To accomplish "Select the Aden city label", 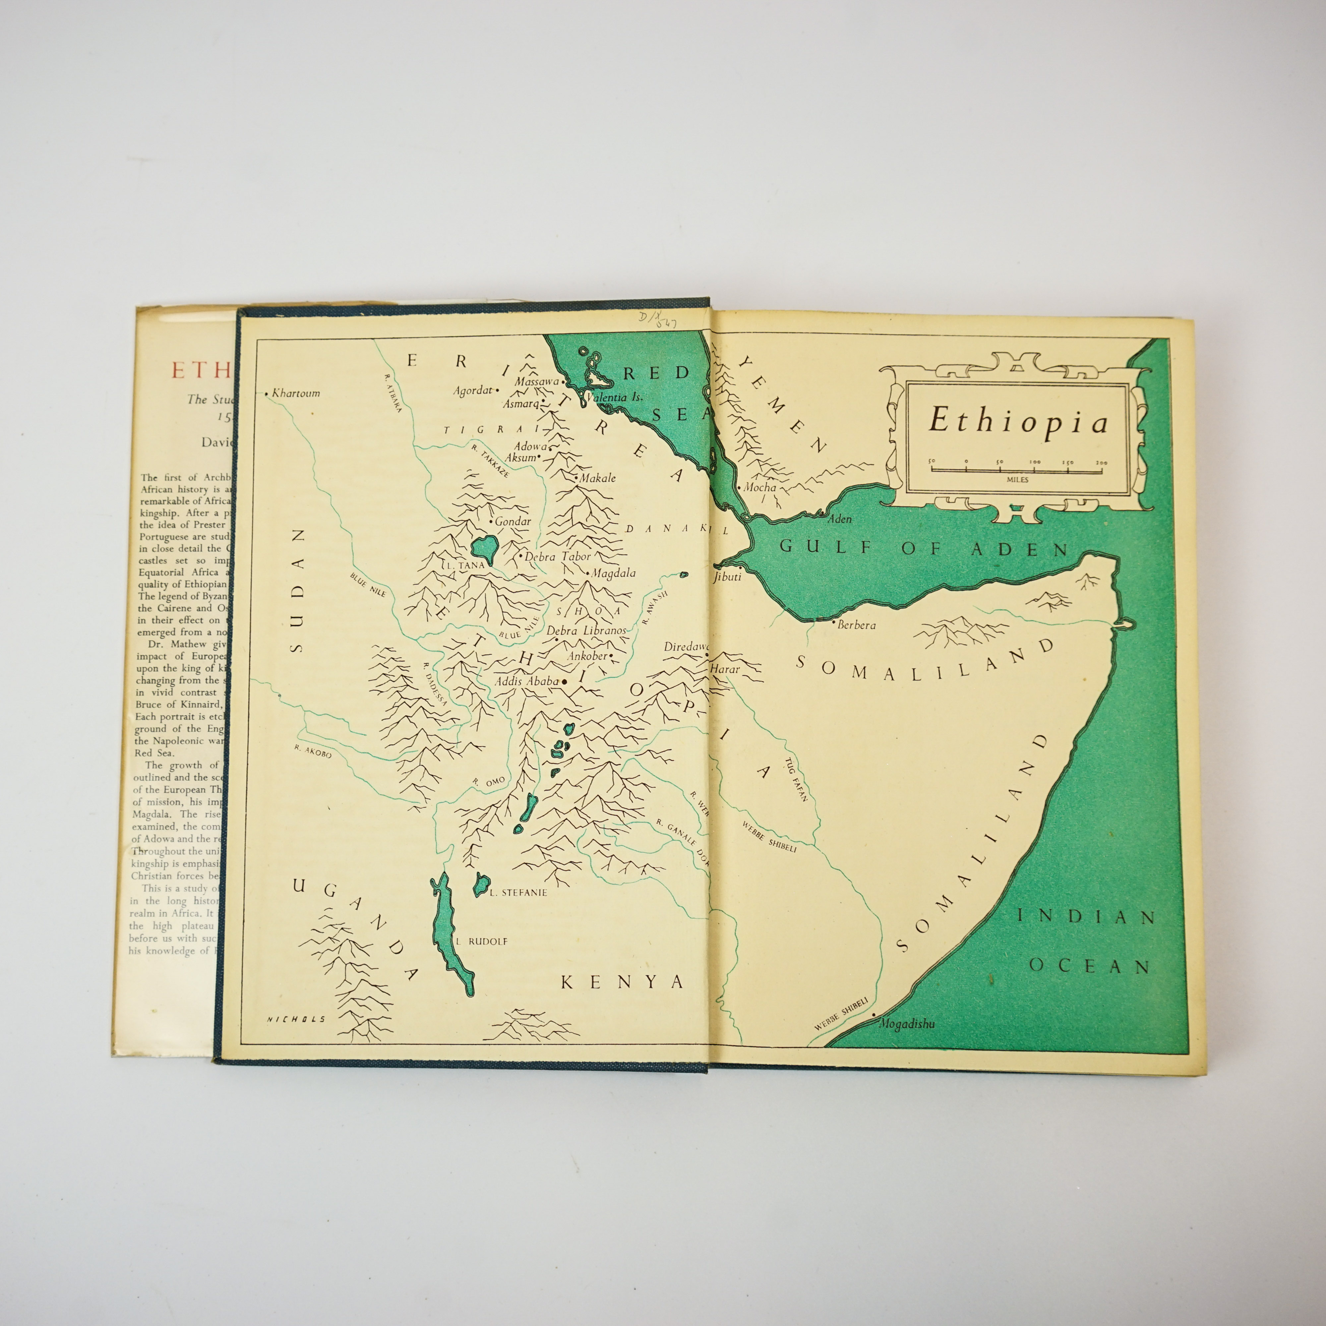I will click(840, 519).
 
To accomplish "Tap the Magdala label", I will click(614, 573).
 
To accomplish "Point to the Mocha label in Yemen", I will click(760, 487).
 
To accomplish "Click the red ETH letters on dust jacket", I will click(201, 371).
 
